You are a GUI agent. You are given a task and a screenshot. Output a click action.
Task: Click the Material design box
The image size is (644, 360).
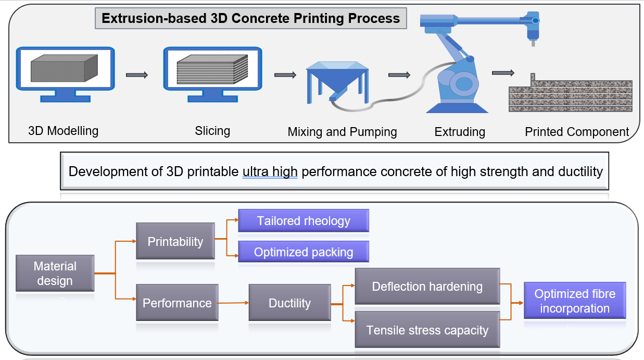tap(55, 273)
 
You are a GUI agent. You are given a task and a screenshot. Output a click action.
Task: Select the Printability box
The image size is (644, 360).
tap(175, 241)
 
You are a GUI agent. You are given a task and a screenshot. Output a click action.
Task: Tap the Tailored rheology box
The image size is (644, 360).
tap(304, 220)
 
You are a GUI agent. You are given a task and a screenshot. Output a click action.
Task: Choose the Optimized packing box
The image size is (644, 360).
tap(304, 252)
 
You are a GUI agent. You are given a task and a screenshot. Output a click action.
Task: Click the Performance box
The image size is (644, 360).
tap(177, 303)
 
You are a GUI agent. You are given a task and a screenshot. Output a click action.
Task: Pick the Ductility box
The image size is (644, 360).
tap(290, 303)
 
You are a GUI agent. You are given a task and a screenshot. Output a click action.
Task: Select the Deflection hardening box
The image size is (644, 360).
tap(427, 287)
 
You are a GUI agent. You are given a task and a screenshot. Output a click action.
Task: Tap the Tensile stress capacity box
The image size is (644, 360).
tap(427, 329)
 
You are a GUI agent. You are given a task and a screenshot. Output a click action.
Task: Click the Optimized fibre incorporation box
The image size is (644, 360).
tap(575, 301)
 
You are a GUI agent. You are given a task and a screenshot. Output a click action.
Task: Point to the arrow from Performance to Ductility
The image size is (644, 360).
tap(233, 303)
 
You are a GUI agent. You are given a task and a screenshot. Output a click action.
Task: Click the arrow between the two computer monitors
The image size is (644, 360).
tap(137, 75)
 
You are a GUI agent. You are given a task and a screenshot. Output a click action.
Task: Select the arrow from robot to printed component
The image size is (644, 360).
tap(503, 73)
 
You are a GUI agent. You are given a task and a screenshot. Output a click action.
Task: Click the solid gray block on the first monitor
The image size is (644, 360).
tap(64, 68)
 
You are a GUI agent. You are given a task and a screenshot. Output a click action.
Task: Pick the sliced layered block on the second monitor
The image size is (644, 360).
tap(212, 69)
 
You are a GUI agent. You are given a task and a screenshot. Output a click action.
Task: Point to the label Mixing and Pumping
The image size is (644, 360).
tap(342, 132)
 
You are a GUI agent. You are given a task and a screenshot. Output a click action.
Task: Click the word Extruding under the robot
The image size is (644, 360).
tap(460, 132)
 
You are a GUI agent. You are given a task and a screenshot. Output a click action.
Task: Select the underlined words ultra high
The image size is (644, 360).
tap(270, 171)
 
